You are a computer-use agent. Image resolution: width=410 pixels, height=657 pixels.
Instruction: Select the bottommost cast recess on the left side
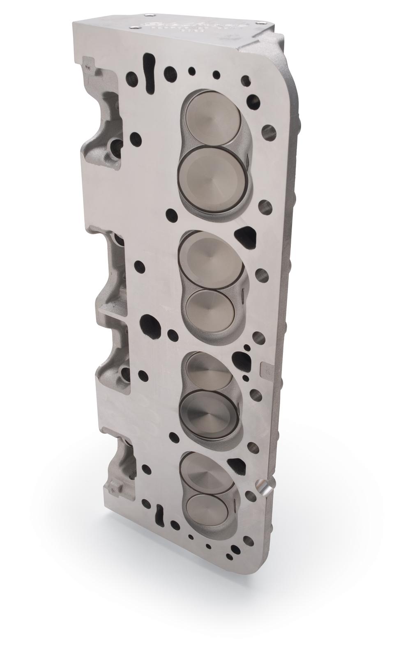(x=121, y=468)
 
